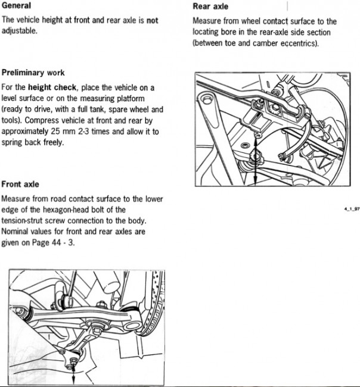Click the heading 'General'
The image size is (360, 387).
pos(17,5)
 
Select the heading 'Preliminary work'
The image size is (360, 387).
pos(33,73)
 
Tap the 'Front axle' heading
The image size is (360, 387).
pos(20,184)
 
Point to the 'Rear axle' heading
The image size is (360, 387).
pos(210,7)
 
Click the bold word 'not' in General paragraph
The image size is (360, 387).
pos(153,20)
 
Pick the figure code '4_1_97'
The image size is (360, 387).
pos(352,210)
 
